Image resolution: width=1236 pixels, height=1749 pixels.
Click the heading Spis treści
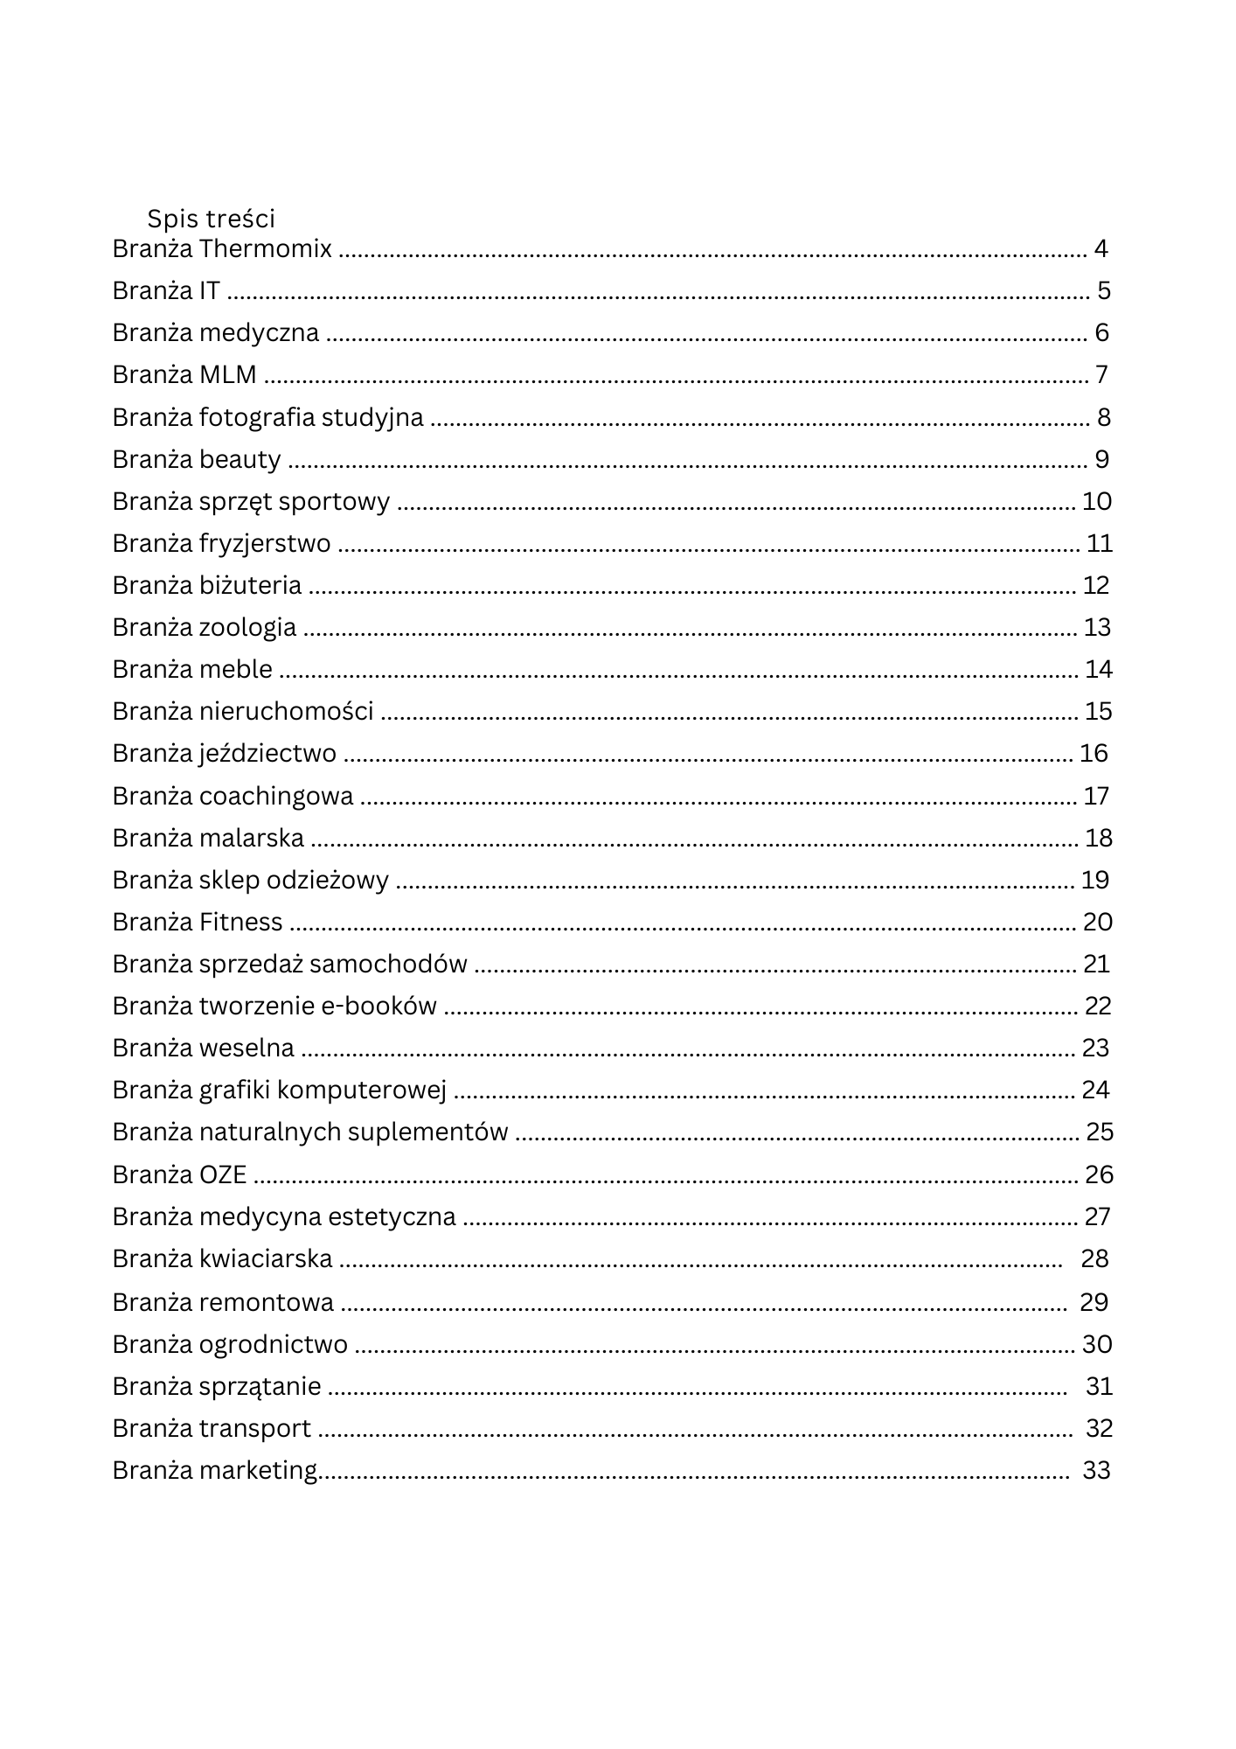211,219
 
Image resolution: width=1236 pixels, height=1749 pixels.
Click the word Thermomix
265,249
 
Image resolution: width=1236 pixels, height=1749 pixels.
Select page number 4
1101,249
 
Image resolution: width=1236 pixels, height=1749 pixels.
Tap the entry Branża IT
166,291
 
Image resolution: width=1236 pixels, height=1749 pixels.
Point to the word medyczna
259,333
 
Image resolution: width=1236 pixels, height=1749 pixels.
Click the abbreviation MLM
227,375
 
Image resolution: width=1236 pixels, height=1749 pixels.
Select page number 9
1101,459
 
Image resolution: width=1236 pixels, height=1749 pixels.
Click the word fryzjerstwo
265,544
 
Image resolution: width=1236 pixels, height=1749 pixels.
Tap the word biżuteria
250,586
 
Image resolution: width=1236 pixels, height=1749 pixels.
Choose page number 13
1097,628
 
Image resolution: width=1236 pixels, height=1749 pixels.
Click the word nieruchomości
286,712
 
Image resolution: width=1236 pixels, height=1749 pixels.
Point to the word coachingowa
276,797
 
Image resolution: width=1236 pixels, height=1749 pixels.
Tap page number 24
1095,1091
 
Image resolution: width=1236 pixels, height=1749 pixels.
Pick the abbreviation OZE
223,1174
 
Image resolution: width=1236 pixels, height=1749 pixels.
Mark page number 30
1097,1344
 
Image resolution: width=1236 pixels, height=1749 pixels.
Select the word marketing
258,1471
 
